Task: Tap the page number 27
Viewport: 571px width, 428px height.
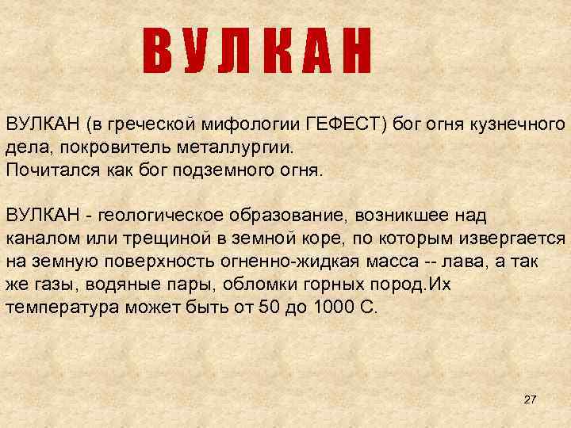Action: [531, 399]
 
